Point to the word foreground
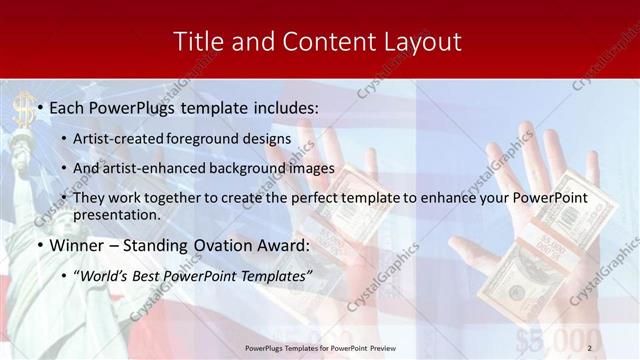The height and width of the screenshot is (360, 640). click(210, 138)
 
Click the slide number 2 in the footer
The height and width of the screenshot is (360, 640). click(590, 346)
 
